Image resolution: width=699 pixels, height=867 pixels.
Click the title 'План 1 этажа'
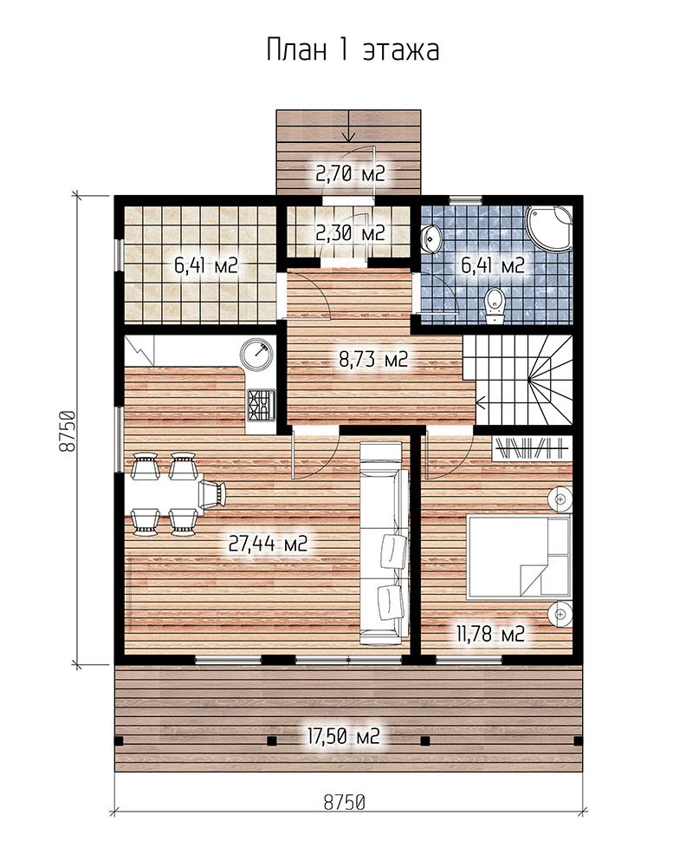(x=353, y=50)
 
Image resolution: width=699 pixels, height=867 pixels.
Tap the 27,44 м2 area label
(x=268, y=544)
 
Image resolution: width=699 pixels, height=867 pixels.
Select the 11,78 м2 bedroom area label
(x=489, y=634)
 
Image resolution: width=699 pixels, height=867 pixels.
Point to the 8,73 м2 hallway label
(x=373, y=360)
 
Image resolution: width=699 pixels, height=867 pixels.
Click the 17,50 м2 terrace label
(x=344, y=736)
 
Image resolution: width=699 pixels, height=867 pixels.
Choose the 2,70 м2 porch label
(x=350, y=173)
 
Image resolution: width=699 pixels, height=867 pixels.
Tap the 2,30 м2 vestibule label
(x=350, y=233)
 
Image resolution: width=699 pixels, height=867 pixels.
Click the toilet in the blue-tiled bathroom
(x=494, y=306)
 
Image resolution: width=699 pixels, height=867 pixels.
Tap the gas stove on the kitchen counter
(x=261, y=404)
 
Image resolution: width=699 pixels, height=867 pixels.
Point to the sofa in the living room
(x=385, y=544)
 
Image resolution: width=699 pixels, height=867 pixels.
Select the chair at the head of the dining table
(x=213, y=493)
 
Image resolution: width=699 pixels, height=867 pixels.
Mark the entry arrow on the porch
(x=349, y=125)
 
